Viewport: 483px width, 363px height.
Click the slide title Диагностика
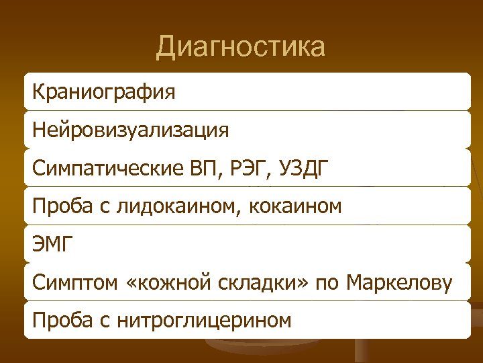click(x=241, y=47)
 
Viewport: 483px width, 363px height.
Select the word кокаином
click(x=299, y=205)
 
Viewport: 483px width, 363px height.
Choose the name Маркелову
click(x=399, y=282)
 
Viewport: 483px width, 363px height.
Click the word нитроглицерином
click(x=205, y=320)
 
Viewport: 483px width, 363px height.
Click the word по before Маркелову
click(x=327, y=282)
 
